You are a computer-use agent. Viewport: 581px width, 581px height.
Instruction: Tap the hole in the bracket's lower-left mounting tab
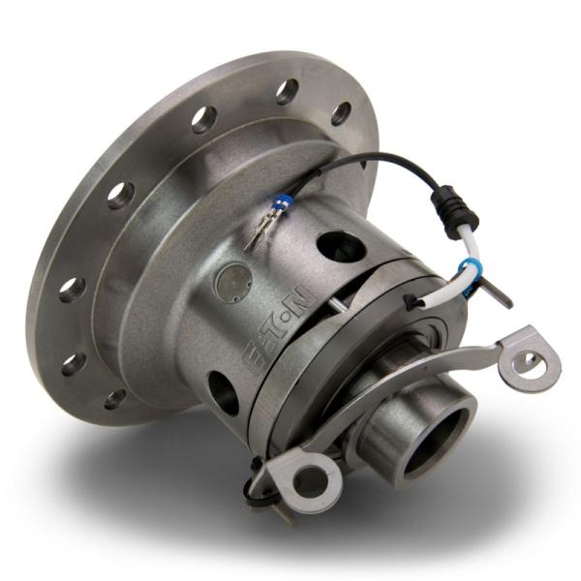point(311,477)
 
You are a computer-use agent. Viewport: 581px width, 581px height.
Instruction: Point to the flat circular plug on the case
point(233,280)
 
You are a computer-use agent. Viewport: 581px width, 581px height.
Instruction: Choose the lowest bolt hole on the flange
point(115,398)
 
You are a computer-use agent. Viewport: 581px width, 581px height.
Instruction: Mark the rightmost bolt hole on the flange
point(340,113)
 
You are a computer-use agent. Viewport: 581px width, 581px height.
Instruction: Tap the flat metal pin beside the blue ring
point(497,293)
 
